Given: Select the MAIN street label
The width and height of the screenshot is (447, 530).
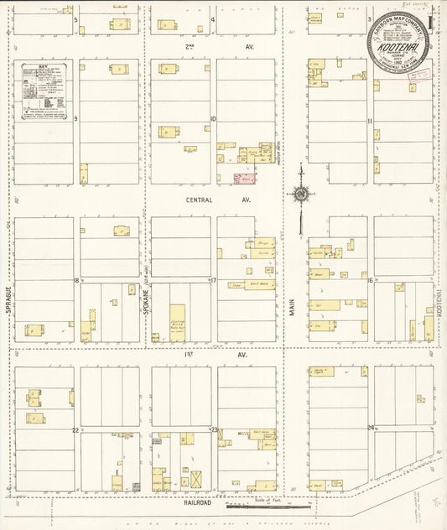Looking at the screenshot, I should coord(293,303).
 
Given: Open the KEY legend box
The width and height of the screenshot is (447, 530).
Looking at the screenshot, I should coord(45,90).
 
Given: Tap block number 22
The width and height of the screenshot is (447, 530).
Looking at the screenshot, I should coord(75,430).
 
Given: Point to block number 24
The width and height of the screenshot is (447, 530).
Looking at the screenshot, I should coord(370,429).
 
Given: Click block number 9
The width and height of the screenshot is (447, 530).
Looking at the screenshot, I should coord(75,119).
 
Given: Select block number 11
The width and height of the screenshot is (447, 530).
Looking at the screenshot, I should coord(369,121).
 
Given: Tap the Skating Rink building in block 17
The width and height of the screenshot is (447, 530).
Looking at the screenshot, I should coord(177,322).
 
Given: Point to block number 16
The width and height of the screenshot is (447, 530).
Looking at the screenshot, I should coord(369,281).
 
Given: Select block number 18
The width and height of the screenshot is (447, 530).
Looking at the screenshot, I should coord(75,281).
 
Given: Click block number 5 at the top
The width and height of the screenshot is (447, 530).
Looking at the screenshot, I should coord(75,18).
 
